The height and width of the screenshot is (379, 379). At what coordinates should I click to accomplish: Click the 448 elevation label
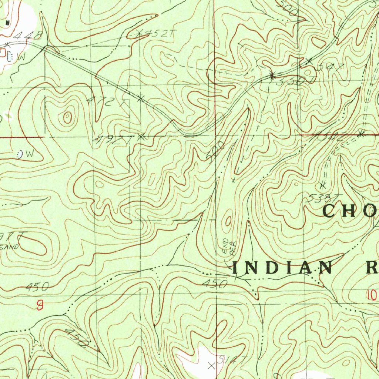click(x=28, y=36)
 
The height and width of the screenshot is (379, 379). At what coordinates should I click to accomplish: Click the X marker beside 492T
click(x=141, y=137)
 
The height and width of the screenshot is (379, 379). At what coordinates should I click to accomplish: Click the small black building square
click(x=8, y=23)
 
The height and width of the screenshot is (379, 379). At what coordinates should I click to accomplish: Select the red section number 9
click(x=40, y=305)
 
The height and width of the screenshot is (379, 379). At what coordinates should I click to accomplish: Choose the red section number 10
click(x=372, y=295)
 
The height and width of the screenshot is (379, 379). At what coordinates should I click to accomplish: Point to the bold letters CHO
click(x=350, y=211)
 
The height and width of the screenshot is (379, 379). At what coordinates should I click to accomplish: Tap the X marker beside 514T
click(x=211, y=366)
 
